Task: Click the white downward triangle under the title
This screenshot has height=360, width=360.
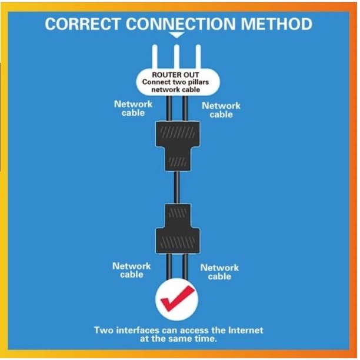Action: coord(176,35)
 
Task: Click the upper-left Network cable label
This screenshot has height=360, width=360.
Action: coord(133,108)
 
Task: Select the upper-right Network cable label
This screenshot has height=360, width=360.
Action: coord(221,110)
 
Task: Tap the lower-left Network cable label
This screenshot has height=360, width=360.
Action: coord(132,270)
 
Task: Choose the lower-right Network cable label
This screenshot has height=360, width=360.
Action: coord(219,272)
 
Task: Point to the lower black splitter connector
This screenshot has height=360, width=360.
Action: coord(176,229)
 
